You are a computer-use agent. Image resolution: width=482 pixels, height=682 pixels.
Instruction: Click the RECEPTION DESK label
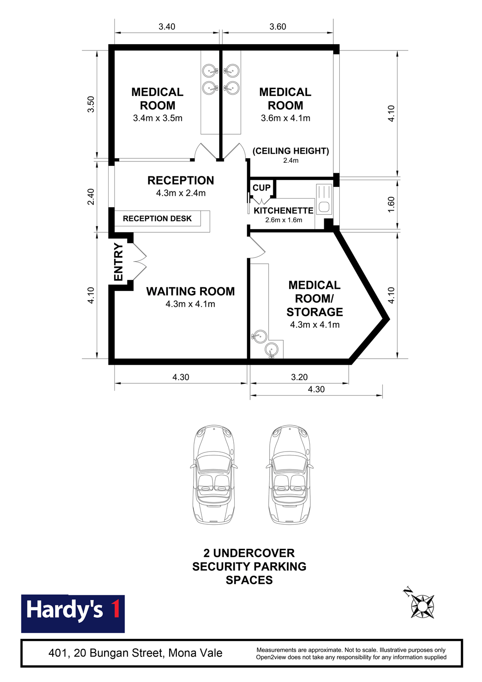(x=157, y=218)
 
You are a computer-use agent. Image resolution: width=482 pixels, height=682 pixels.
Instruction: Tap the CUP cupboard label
(x=261, y=187)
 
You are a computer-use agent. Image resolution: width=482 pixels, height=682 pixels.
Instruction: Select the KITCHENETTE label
(x=283, y=211)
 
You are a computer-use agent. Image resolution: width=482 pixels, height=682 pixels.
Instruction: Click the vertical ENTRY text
(x=118, y=262)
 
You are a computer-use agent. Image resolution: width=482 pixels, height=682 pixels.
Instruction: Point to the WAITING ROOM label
(x=191, y=291)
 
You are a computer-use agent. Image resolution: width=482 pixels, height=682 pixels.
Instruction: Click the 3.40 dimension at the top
(x=167, y=27)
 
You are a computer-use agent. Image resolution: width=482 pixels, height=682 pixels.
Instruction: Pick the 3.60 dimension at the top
(x=278, y=27)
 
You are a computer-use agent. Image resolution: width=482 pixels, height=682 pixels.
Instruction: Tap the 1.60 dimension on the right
(x=391, y=205)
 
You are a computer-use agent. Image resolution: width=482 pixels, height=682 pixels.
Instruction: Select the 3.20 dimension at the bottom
(x=299, y=377)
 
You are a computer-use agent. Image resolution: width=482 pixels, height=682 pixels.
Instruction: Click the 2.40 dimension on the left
(x=91, y=197)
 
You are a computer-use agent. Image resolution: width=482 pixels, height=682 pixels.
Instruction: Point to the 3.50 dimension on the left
(x=91, y=104)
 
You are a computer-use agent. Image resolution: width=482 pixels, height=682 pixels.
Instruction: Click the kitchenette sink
(x=324, y=199)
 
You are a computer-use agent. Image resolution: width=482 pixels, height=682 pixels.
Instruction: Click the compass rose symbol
(x=422, y=606)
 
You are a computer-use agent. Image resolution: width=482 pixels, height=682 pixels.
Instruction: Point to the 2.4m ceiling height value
(x=291, y=160)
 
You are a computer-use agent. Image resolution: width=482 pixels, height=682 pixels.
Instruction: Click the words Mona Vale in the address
(x=196, y=653)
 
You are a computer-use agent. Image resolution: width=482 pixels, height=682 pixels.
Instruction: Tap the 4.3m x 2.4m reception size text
(x=181, y=193)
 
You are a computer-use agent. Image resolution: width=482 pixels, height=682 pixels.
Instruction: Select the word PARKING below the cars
(x=280, y=567)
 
